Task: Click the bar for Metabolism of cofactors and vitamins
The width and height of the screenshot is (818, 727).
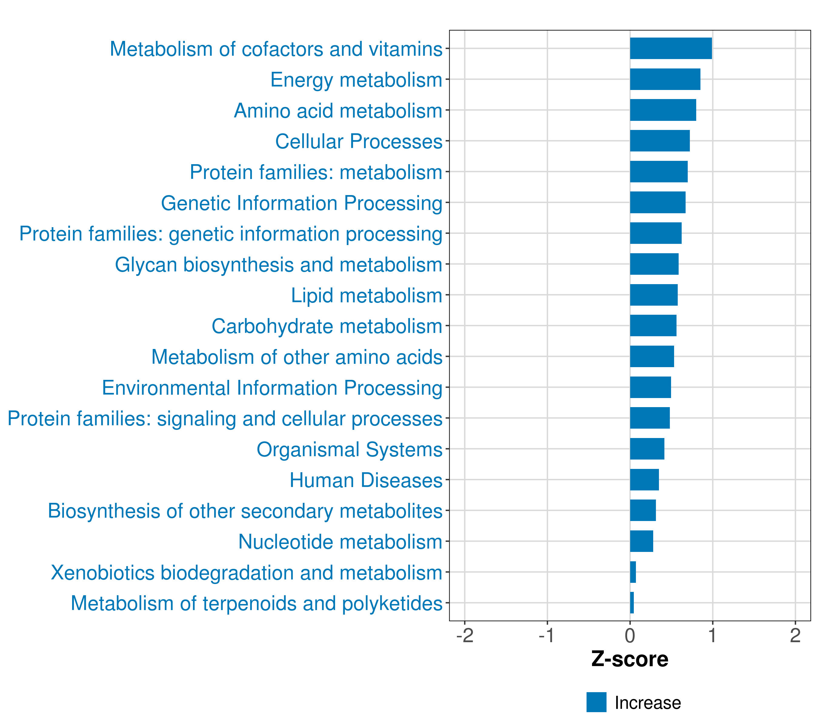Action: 671,48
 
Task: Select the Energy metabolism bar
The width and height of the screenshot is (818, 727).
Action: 665,79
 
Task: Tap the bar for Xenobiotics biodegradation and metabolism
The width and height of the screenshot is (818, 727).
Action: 633,572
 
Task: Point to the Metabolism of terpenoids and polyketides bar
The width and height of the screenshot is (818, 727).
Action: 632,603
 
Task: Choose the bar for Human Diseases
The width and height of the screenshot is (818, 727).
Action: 644,480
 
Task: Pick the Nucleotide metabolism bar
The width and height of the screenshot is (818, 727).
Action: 641,541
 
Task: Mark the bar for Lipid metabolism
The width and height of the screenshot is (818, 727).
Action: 653,295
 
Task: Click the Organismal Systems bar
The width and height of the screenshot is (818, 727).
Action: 647,449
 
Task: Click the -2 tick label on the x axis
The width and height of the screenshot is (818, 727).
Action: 465,636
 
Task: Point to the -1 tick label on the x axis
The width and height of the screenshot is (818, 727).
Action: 547,636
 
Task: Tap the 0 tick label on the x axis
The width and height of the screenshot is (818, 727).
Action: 630,636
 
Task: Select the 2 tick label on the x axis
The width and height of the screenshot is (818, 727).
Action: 795,636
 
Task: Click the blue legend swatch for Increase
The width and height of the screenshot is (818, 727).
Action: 596,702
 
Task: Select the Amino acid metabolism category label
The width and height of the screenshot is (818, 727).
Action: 338,111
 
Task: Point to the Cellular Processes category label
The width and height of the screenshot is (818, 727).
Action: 359,142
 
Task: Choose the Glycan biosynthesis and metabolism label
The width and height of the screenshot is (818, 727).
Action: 278,265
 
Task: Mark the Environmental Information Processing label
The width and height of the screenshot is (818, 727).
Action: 272,388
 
